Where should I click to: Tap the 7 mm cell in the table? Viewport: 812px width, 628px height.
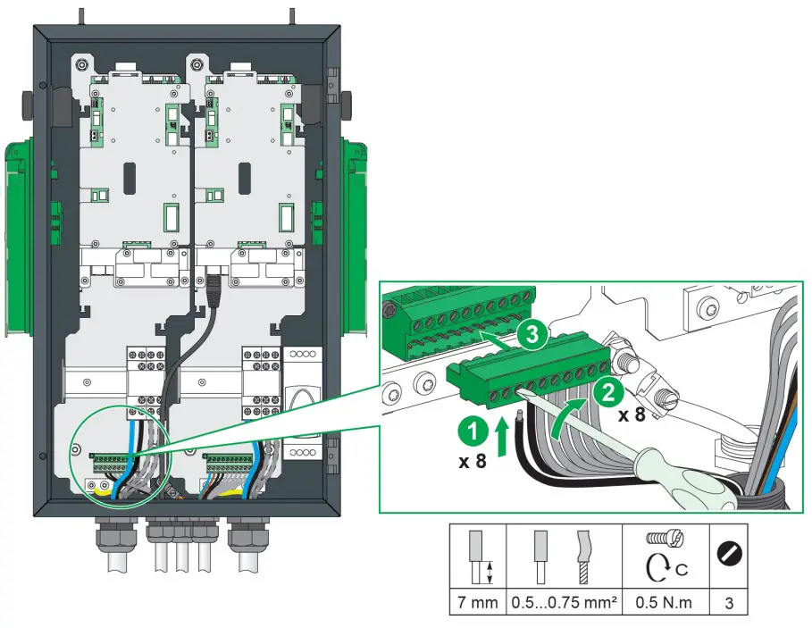coord(477,603)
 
